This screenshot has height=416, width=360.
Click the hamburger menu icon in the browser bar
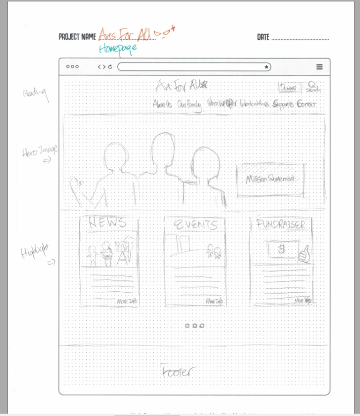[320, 67]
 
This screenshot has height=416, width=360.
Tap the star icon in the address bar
[267, 67]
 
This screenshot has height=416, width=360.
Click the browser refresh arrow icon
[110, 67]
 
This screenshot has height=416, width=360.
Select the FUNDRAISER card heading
[281, 225]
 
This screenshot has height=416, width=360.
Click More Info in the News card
[127, 301]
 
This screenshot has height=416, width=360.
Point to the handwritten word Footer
[177, 371]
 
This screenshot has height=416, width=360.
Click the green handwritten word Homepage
[117, 48]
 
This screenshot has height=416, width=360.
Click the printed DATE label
[262, 37]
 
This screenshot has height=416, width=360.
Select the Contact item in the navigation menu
[306, 104]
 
